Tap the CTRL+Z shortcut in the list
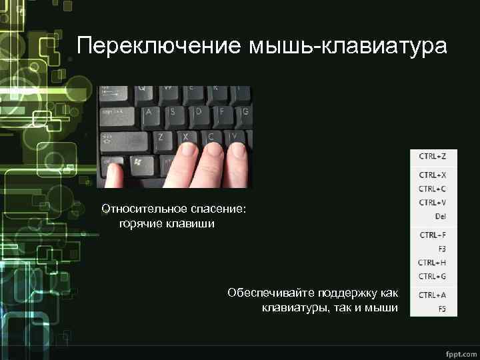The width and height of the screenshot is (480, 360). (432, 155)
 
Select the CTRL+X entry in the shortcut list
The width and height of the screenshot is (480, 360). (432, 175)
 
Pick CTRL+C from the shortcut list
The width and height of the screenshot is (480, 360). (432, 189)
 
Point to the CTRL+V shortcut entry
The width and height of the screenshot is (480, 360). (432, 202)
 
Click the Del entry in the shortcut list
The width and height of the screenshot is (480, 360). (440, 216)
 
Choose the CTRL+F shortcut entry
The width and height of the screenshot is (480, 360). (432, 235)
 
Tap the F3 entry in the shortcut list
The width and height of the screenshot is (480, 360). (442, 248)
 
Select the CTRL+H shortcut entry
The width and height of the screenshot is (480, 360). (432, 262)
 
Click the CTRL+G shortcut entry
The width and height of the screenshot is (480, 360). (432, 275)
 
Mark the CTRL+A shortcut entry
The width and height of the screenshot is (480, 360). (432, 295)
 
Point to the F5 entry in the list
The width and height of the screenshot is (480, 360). (442, 309)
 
